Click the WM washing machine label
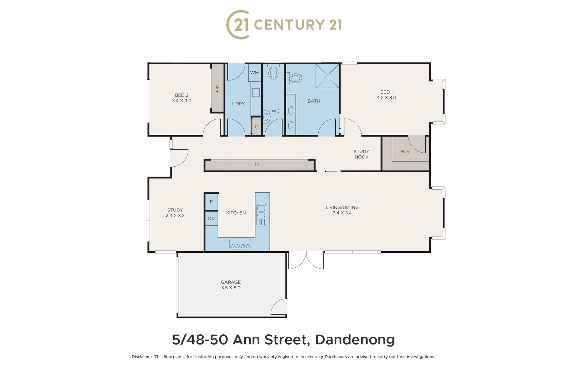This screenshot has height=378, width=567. tap(254, 73)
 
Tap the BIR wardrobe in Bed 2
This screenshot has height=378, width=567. tap(217, 89)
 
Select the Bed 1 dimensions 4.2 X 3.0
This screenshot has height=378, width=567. tap(386, 98)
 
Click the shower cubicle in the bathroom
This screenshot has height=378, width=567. tap(327, 76)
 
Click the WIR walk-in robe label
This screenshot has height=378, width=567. tap(405, 152)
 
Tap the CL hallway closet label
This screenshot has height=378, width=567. tap(257, 164)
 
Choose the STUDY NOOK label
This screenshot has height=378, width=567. tap(361, 154)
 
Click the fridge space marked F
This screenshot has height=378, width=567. tap(211, 202)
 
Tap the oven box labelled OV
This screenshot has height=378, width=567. tap(211, 219)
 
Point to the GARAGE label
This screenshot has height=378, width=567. tap(231, 282)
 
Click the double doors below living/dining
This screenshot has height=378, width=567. tap(306, 260)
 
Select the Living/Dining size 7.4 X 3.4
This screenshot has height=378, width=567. tap(342, 213)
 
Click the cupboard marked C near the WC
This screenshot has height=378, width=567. tap(256, 127)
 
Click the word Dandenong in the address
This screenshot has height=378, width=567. tap(355, 340)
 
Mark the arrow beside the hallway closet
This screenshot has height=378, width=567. tap(330, 171)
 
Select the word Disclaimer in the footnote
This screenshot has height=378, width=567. tap(142, 357)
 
